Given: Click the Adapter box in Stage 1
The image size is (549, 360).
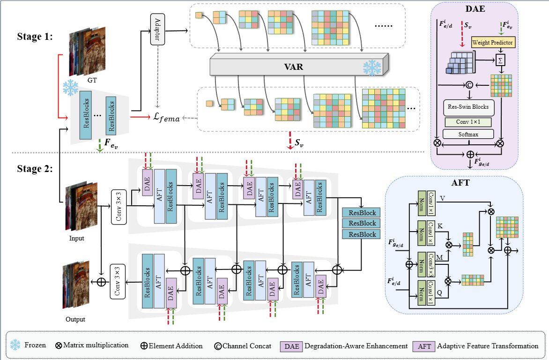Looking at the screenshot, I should [x=157, y=29].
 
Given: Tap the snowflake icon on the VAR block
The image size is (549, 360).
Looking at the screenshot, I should [x=372, y=68].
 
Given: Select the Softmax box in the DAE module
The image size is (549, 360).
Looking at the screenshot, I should [x=469, y=134].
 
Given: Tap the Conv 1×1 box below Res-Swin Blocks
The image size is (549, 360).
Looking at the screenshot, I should [x=469, y=121].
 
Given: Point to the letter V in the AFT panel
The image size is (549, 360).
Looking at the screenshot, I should [x=442, y=198].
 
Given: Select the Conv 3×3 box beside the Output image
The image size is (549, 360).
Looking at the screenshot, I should [x=117, y=281].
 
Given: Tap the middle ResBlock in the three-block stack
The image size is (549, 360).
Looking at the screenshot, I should [x=359, y=223].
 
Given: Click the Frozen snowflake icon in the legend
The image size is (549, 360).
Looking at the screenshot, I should [x=15, y=345].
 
